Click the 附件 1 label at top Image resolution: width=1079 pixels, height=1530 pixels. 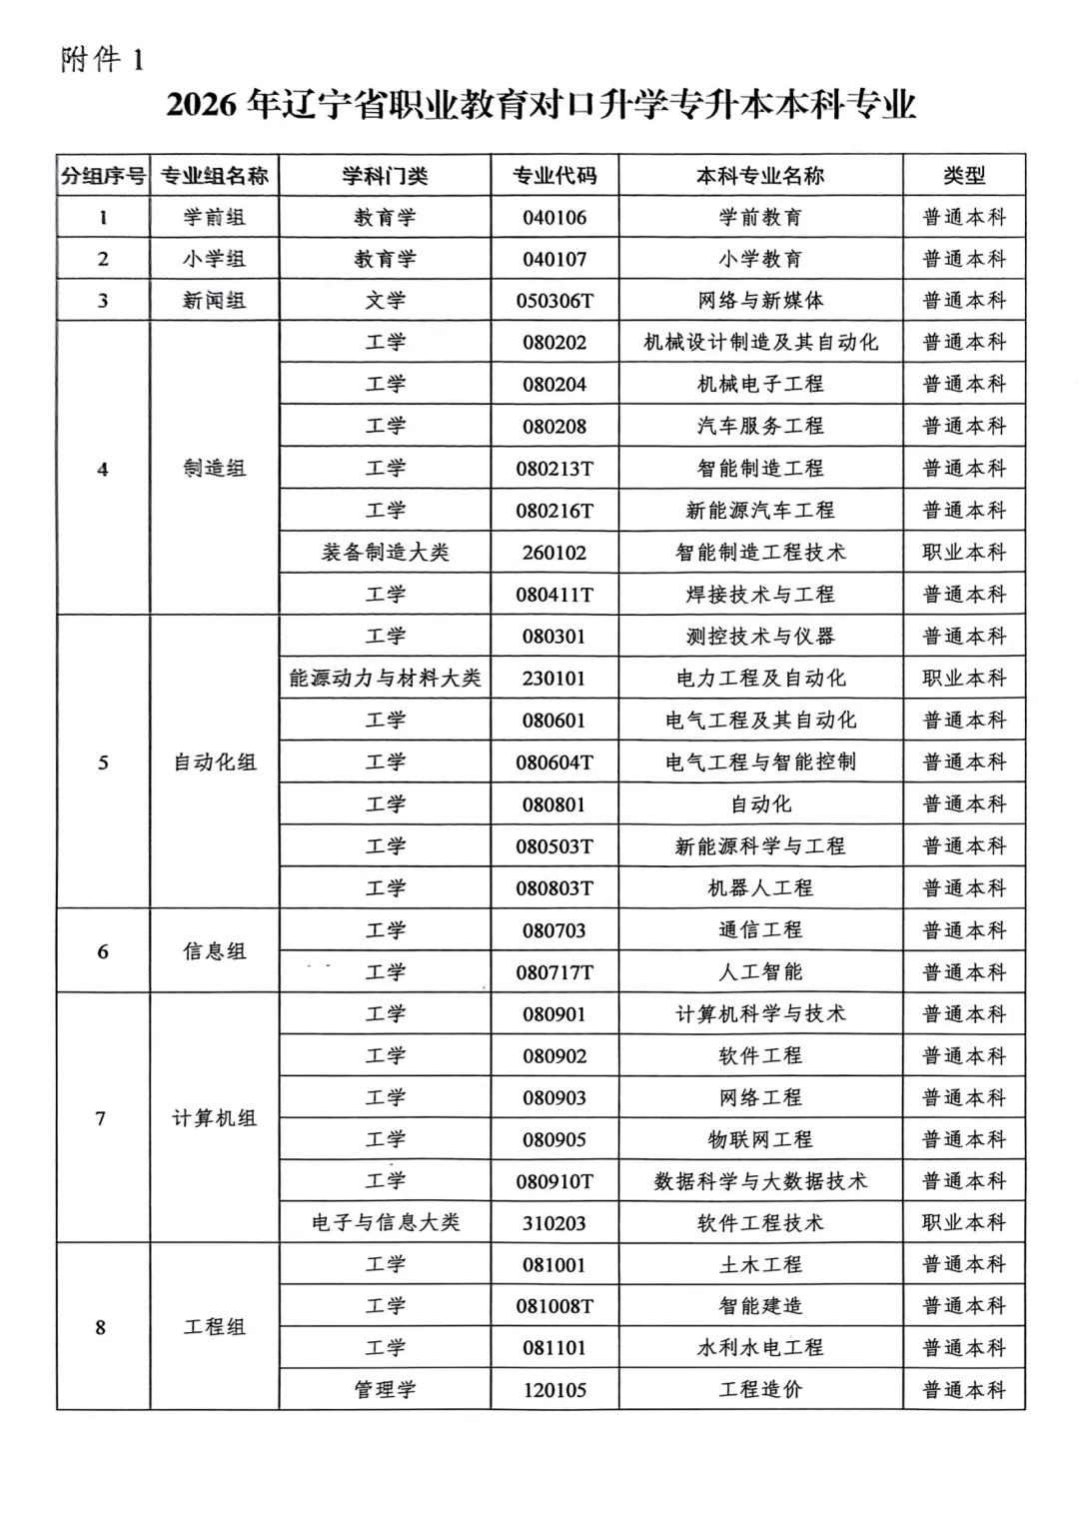point(102,60)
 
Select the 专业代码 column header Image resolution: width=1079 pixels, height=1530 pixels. point(554,176)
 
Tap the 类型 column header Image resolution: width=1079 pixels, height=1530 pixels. point(964,176)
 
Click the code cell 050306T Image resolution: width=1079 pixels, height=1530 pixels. point(554,301)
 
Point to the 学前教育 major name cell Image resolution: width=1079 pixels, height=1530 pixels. point(760,217)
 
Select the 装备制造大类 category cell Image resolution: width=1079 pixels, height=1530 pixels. point(385,553)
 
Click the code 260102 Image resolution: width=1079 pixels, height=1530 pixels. point(554,553)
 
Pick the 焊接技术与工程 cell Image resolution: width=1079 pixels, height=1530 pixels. point(760,595)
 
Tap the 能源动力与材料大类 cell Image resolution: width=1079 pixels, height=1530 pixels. point(385,679)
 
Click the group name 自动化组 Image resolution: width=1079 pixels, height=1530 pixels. point(215,763)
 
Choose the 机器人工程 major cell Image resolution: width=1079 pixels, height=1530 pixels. point(760,888)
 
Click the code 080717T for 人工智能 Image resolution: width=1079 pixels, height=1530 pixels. point(554,972)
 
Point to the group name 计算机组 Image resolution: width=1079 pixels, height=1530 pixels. point(215,1118)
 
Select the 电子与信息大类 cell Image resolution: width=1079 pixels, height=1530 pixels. point(385,1223)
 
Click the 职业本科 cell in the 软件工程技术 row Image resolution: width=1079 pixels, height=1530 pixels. point(964,1223)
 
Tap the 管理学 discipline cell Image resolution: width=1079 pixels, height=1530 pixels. point(385,1390)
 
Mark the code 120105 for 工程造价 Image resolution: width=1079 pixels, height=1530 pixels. point(554,1390)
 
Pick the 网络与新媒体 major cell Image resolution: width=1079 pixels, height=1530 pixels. point(760,301)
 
